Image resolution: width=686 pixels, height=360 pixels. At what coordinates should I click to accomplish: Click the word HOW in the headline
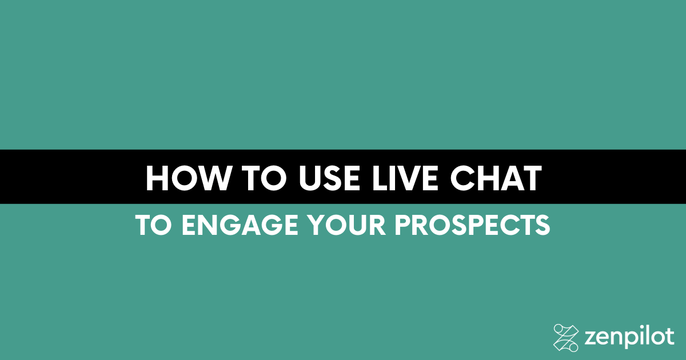pos(188,178)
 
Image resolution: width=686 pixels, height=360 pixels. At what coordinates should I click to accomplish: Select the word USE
pos(329,178)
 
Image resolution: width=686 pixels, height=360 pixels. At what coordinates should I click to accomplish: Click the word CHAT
pos(496,178)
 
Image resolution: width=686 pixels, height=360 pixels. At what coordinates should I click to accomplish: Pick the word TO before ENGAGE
pos(153,225)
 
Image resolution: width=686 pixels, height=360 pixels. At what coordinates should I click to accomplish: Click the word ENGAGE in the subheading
pos(240,225)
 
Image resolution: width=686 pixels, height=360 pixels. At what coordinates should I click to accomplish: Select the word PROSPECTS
pos(472,225)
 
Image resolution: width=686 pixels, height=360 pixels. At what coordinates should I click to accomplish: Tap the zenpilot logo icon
pos(566,338)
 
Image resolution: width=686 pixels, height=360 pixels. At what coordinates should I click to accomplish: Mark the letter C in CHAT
pos(462,178)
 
